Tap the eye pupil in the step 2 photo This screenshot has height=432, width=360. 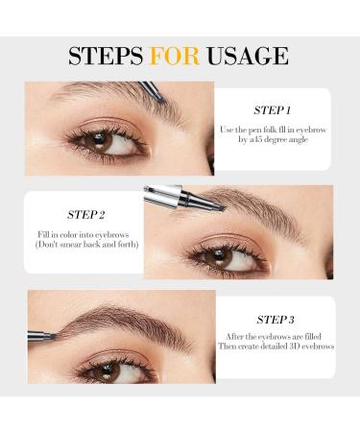(x=218, y=255)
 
